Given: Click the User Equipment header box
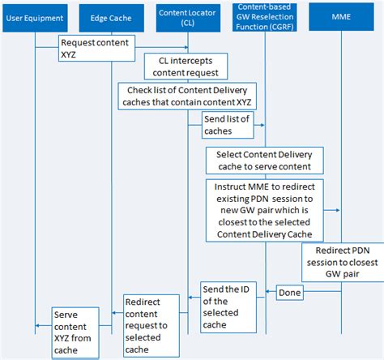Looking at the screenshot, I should tap(35, 16).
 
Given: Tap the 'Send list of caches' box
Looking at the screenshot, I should tap(228, 124).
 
